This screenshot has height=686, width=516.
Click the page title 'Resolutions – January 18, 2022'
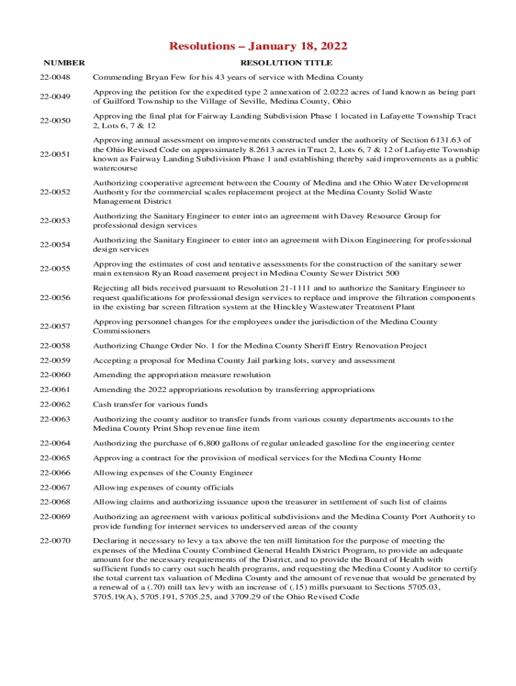258,46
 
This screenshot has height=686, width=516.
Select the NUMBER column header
62,63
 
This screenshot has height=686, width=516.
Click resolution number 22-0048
55,77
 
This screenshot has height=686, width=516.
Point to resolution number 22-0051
55,154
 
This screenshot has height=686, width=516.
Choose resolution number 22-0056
55,297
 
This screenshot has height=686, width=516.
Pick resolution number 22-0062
55,405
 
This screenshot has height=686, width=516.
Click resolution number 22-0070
55,540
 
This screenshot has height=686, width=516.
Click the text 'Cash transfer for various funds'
150,405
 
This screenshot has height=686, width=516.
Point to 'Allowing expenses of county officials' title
163,488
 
